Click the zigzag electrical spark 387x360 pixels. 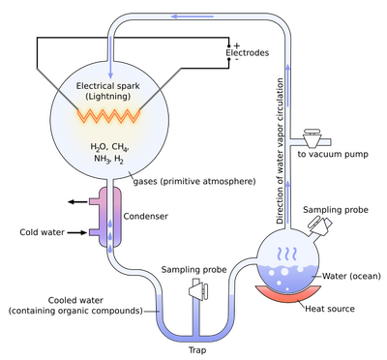[108, 116]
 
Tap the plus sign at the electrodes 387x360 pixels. [237, 45]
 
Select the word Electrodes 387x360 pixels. [247, 53]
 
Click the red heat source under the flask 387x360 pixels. [288, 293]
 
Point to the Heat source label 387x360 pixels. [330, 309]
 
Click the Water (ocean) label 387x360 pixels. [351, 276]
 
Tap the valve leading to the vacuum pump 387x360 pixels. [312, 137]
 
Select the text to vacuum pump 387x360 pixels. [333, 154]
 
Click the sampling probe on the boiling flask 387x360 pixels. [320, 225]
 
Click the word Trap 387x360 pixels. [197, 350]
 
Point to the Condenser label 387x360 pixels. [146, 216]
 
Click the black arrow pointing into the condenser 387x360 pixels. [77, 232]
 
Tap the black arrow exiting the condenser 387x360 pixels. [77, 202]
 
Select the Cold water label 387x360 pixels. [42, 232]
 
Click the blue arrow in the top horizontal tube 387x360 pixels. [193, 16]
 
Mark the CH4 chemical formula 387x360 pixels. [120, 147]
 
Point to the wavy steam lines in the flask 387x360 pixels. [286, 254]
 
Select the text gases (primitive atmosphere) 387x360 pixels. [194, 181]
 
